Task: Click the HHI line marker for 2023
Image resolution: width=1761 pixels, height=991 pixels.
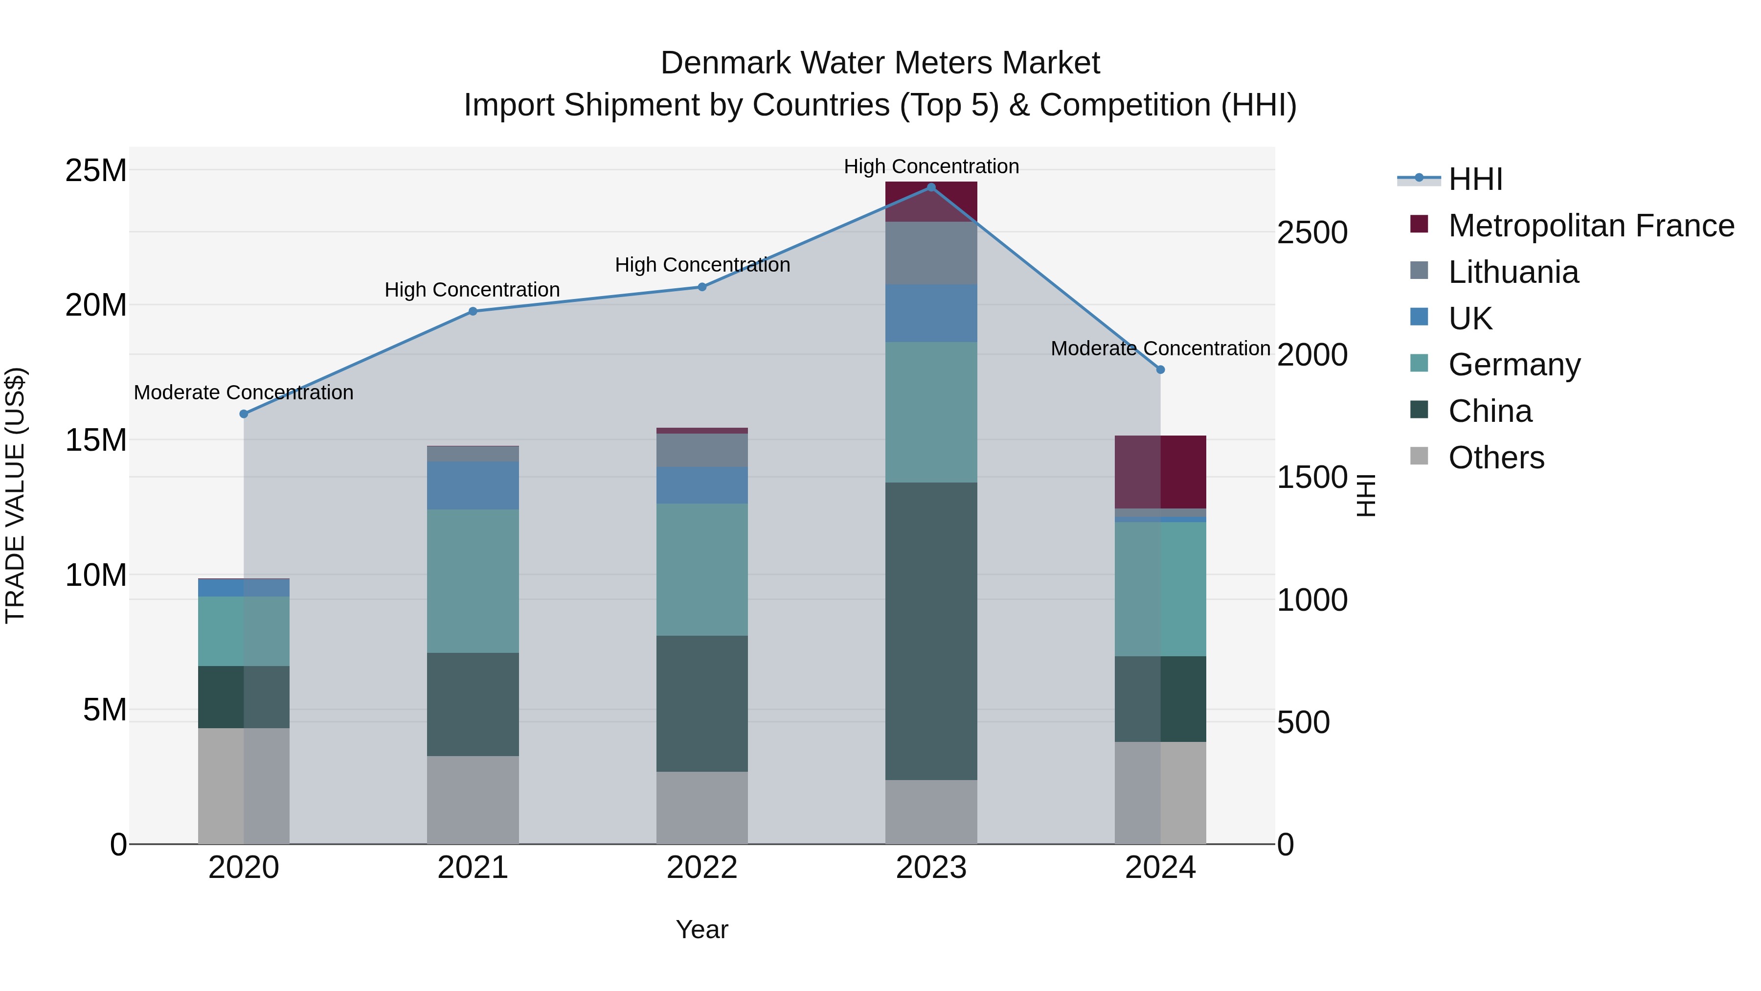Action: click(x=930, y=187)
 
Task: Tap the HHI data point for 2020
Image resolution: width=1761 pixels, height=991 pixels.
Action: click(x=244, y=414)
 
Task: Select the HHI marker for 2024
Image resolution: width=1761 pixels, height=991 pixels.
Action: click(x=1160, y=369)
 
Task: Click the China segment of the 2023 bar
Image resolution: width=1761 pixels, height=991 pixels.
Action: click(x=930, y=631)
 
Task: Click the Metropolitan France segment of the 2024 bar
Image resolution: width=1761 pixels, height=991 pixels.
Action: click(x=1160, y=472)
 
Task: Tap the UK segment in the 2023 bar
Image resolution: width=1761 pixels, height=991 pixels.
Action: click(x=930, y=313)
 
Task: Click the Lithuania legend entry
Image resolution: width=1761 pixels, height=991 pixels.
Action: click(x=1513, y=272)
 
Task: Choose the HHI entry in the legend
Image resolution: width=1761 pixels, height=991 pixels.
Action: click(x=1475, y=179)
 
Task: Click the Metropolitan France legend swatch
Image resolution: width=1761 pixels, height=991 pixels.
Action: click(x=1419, y=224)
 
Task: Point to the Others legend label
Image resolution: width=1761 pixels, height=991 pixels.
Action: click(x=1496, y=458)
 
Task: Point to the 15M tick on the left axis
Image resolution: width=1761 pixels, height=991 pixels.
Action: click(x=96, y=440)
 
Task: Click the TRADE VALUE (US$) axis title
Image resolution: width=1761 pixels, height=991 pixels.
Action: click(x=15, y=495)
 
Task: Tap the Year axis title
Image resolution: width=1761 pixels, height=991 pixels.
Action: click(x=701, y=929)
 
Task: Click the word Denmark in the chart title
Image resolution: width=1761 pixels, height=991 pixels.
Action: click(x=724, y=63)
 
